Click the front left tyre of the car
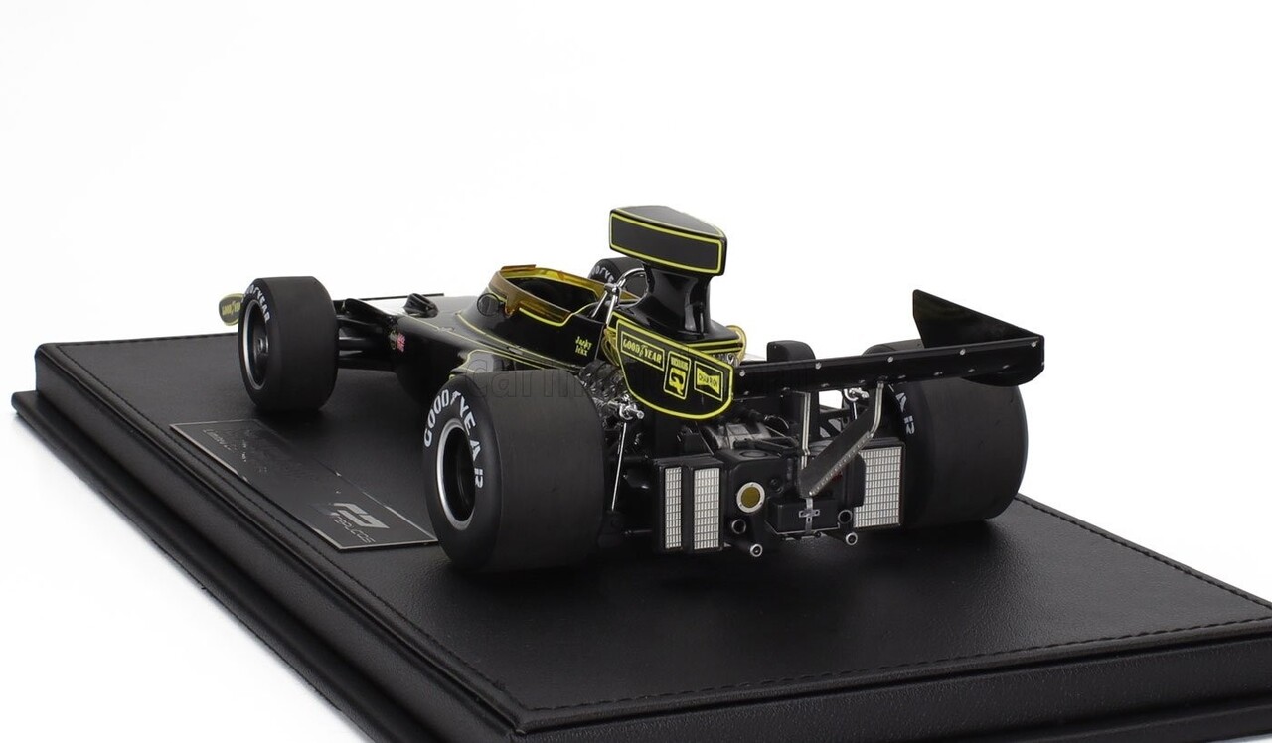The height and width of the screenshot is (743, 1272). coord(289,342)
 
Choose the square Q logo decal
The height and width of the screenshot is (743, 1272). coord(678,372)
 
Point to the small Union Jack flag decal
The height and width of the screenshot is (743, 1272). coord(398,342)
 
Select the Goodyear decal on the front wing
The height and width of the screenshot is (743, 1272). coord(230,309)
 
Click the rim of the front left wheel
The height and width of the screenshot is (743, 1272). coord(253,348)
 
